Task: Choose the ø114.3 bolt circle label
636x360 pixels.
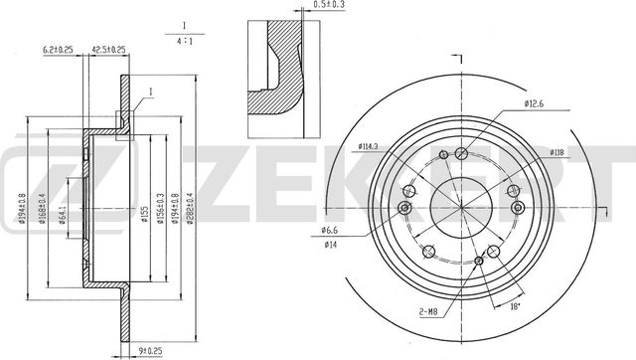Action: [372, 149]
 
